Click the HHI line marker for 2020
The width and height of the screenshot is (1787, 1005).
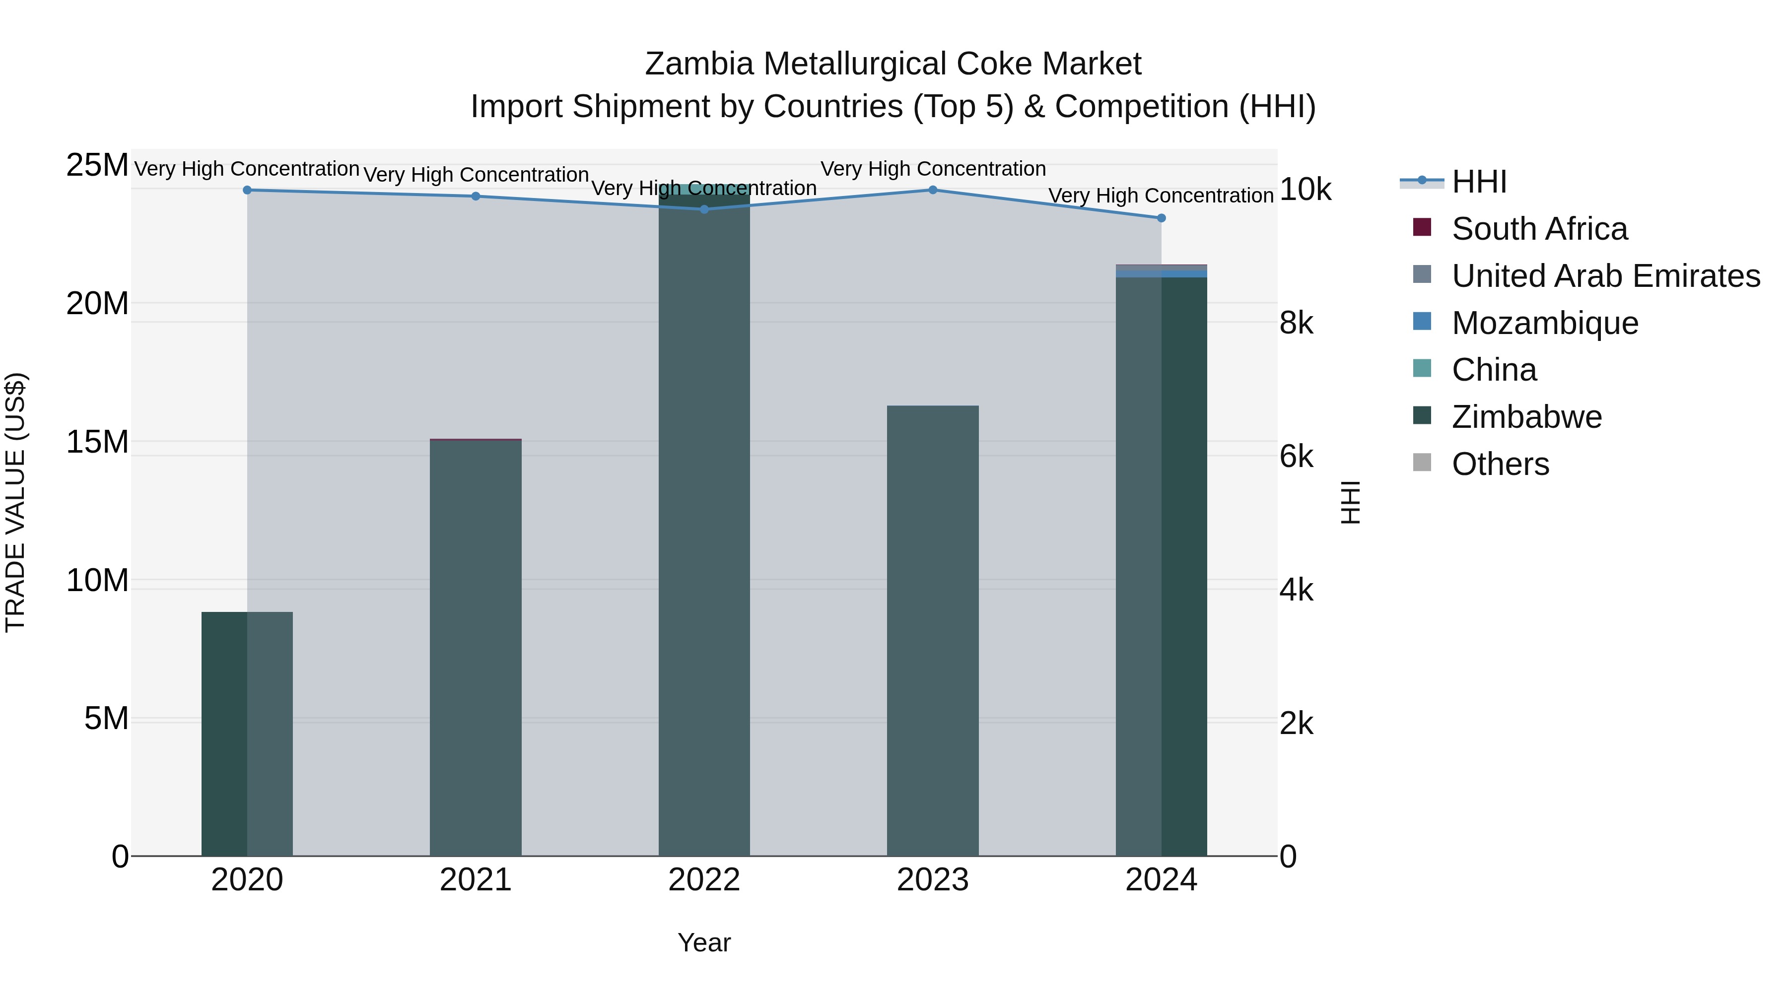(247, 190)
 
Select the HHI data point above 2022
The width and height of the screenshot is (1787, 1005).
(704, 209)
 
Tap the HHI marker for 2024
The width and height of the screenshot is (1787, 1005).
(1161, 218)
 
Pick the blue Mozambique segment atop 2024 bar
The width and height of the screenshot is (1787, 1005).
(1161, 274)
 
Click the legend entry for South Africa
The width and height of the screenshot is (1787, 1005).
(1539, 229)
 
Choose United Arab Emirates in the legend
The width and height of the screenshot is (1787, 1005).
(1605, 276)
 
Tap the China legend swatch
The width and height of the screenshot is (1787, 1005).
(1422, 368)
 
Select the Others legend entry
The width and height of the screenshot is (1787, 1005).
(1500, 464)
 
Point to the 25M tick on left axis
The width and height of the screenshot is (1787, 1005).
(97, 166)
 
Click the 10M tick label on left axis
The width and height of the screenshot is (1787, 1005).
(97, 580)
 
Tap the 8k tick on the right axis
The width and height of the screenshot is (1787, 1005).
(1297, 323)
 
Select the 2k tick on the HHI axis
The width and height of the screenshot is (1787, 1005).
(1297, 724)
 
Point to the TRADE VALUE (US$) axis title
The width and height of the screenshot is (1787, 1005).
(15, 502)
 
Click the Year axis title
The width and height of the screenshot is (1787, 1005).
(704, 942)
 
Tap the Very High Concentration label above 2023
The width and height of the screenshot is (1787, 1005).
(933, 169)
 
